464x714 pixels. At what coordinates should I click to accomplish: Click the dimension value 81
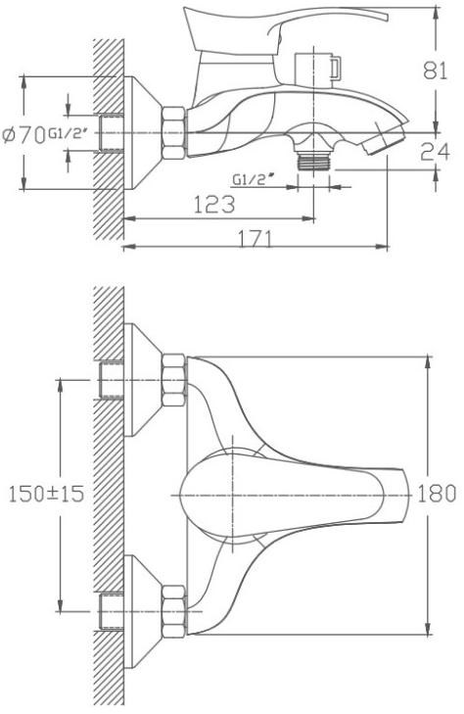click(435, 71)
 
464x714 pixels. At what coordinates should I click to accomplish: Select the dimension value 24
click(435, 152)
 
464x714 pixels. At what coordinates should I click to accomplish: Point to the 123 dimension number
click(214, 205)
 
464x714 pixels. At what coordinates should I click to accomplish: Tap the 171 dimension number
click(255, 238)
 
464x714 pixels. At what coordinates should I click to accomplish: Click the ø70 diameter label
click(23, 135)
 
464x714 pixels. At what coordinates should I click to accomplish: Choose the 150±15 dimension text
click(46, 494)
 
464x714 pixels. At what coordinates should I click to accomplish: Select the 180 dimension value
click(437, 494)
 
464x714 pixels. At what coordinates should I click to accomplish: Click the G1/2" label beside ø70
click(67, 134)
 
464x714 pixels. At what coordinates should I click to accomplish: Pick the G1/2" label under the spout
click(250, 179)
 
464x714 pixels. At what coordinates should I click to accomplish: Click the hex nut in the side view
click(174, 132)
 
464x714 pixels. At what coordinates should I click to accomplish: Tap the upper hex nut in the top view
click(174, 380)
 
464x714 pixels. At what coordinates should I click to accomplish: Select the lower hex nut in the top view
click(174, 611)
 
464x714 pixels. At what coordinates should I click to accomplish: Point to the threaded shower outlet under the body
click(313, 162)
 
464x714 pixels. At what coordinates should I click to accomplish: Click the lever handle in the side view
click(282, 27)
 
